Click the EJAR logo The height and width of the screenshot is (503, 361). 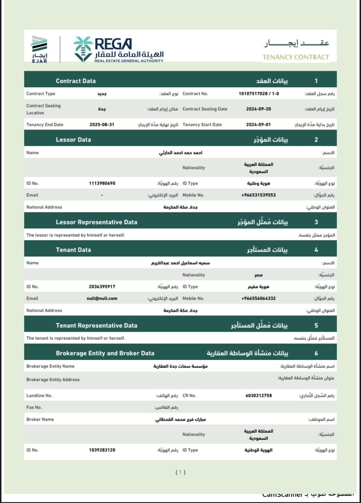pyautogui.click(x=39, y=49)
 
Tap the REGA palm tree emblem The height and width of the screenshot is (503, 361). pyautogui.click(x=83, y=49)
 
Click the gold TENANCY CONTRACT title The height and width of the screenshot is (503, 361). pyautogui.click(x=296, y=57)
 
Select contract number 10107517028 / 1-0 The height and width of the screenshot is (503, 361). pyautogui.click(x=259, y=94)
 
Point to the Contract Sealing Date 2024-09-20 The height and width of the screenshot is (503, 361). pyautogui.click(x=259, y=109)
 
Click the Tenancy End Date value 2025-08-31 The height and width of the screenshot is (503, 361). pyautogui.click(x=102, y=125)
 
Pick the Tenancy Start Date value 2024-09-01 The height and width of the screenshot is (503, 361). pyautogui.click(x=259, y=125)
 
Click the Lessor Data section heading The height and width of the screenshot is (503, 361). pyautogui.click(x=73, y=140)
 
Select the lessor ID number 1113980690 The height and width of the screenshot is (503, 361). pyautogui.click(x=102, y=183)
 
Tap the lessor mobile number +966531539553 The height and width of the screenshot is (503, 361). pyautogui.click(x=259, y=195)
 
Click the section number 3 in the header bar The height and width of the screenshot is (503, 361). pyautogui.click(x=316, y=222)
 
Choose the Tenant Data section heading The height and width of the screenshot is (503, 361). pyautogui.click(x=73, y=250)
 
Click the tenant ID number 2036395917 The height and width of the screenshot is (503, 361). pyautogui.click(x=102, y=287)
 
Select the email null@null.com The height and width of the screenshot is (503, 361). pyautogui.click(x=102, y=299)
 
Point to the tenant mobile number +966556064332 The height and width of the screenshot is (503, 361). pyautogui.click(x=259, y=299)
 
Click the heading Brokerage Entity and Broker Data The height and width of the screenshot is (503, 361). pyautogui.click(x=105, y=353)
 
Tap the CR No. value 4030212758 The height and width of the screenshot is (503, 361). pyautogui.click(x=259, y=396)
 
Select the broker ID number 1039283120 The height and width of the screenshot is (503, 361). pyautogui.click(x=102, y=450)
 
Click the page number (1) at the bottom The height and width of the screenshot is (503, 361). pyautogui.click(x=180, y=472)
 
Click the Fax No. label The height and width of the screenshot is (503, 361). pyautogui.click(x=34, y=407)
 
